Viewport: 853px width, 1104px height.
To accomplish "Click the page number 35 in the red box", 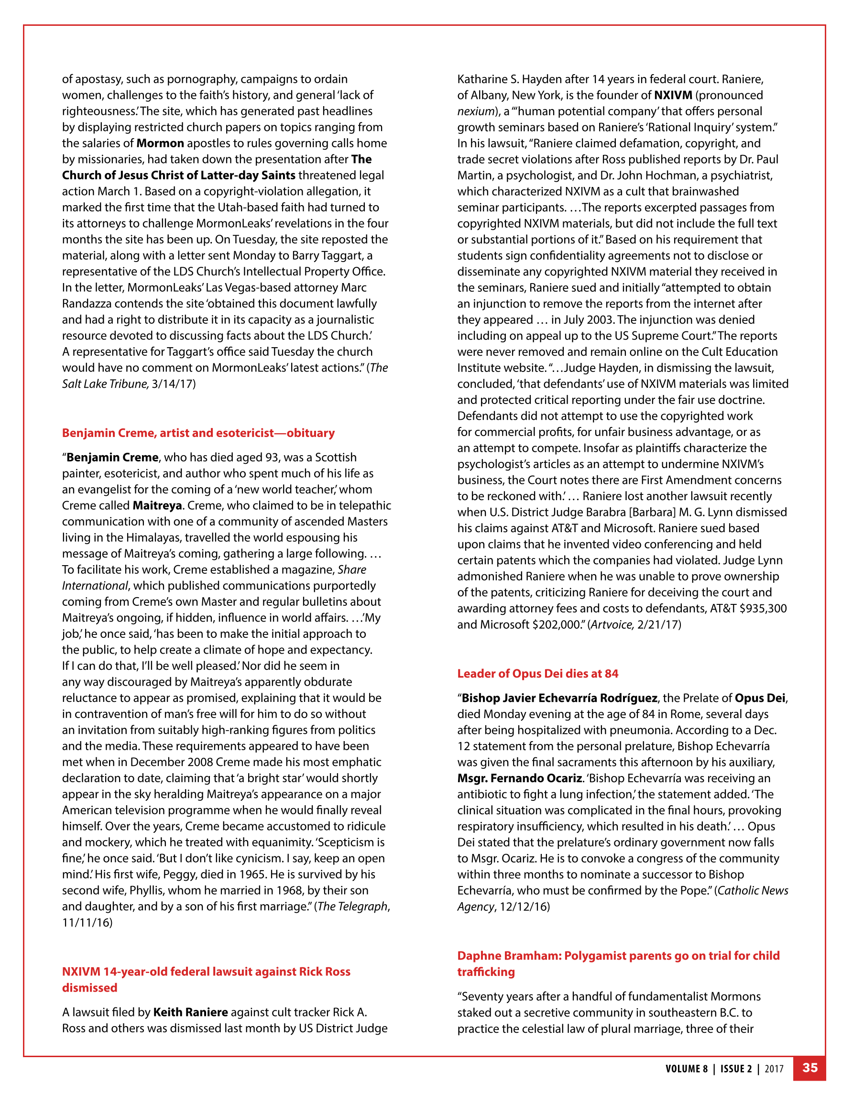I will point(809,1068).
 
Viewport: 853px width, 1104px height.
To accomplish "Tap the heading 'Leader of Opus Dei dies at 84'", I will point(537,673).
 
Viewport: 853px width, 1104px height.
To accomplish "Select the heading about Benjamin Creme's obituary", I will point(198,433).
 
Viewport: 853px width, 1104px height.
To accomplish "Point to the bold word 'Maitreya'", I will point(157,505).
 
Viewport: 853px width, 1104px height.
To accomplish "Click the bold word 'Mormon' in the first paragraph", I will point(160,143).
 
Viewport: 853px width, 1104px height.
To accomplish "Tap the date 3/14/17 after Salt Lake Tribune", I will point(174,383).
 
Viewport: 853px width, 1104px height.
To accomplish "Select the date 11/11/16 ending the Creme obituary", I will point(87,922).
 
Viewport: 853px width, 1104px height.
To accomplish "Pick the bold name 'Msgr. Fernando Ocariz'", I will point(519,778).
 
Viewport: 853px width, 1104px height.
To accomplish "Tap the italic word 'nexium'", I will point(476,111).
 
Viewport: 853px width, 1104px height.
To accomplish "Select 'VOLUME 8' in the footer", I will point(686,1069).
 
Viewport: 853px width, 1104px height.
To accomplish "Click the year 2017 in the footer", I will point(774,1069).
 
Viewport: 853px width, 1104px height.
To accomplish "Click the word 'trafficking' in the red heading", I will point(486,972).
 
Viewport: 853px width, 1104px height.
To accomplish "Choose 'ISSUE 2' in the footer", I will point(736,1069).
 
